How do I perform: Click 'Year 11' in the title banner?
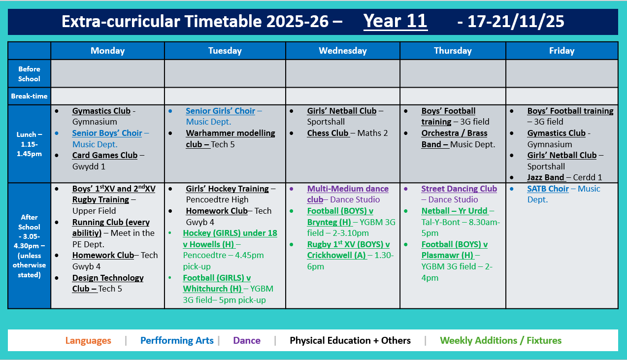(x=395, y=22)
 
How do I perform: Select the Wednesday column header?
(x=342, y=51)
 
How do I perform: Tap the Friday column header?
(x=561, y=51)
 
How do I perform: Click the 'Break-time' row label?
(x=29, y=96)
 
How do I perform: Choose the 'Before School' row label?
(x=29, y=74)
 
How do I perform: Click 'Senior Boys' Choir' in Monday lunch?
(x=107, y=133)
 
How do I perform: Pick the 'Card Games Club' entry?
(x=104, y=156)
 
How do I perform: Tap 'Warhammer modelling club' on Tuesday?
(x=230, y=139)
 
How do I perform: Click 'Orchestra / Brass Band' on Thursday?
(x=454, y=139)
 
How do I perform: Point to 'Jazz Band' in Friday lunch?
(x=545, y=177)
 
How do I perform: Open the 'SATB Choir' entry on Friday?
(x=548, y=189)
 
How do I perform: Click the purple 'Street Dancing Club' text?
(x=459, y=189)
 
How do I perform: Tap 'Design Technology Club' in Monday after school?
(x=107, y=283)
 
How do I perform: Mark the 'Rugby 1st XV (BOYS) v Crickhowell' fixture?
(x=348, y=250)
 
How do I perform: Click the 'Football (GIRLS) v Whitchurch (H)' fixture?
(x=217, y=283)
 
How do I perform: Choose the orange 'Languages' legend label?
(x=88, y=340)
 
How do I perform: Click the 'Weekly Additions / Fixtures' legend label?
(x=500, y=340)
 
